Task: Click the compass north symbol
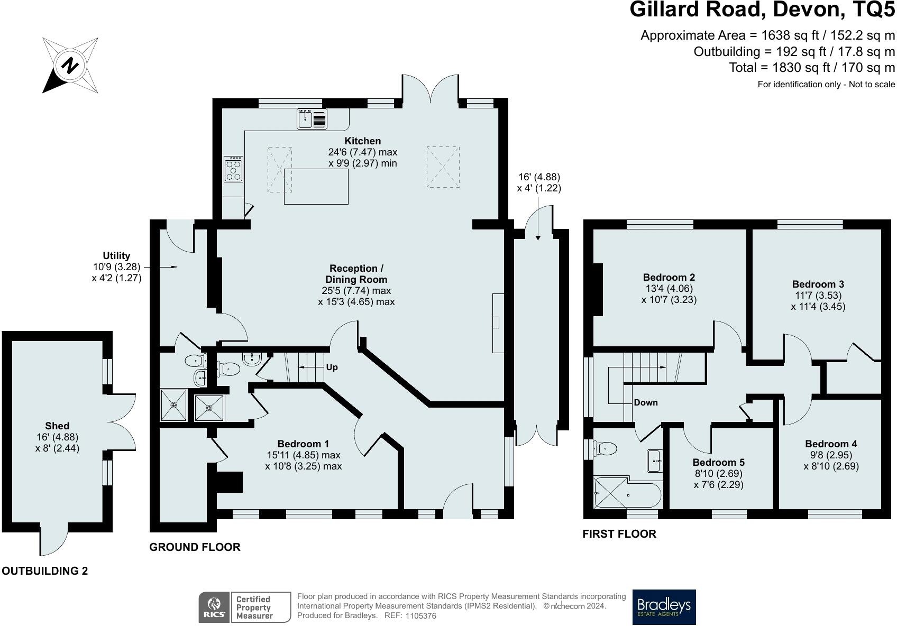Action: (x=70, y=65)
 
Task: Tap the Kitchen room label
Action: (x=363, y=141)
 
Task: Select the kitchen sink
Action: (x=312, y=119)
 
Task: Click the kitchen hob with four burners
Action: (x=233, y=169)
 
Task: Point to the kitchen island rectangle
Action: (x=316, y=187)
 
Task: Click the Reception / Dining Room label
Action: (x=356, y=274)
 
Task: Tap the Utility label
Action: (x=116, y=255)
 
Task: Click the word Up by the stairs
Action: (x=332, y=367)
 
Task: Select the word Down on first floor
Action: (x=646, y=402)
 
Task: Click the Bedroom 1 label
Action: (x=303, y=444)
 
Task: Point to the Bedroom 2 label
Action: (x=669, y=277)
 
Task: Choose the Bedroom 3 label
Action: (x=818, y=284)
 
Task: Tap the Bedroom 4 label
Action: (x=831, y=444)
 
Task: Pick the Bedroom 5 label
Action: (x=718, y=462)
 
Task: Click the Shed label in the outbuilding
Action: (x=57, y=426)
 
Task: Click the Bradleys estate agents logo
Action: (x=664, y=607)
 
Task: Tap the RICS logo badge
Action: (x=214, y=607)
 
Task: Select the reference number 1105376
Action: (x=421, y=615)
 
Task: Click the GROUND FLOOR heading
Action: (x=195, y=547)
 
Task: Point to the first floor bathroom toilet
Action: (x=605, y=448)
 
